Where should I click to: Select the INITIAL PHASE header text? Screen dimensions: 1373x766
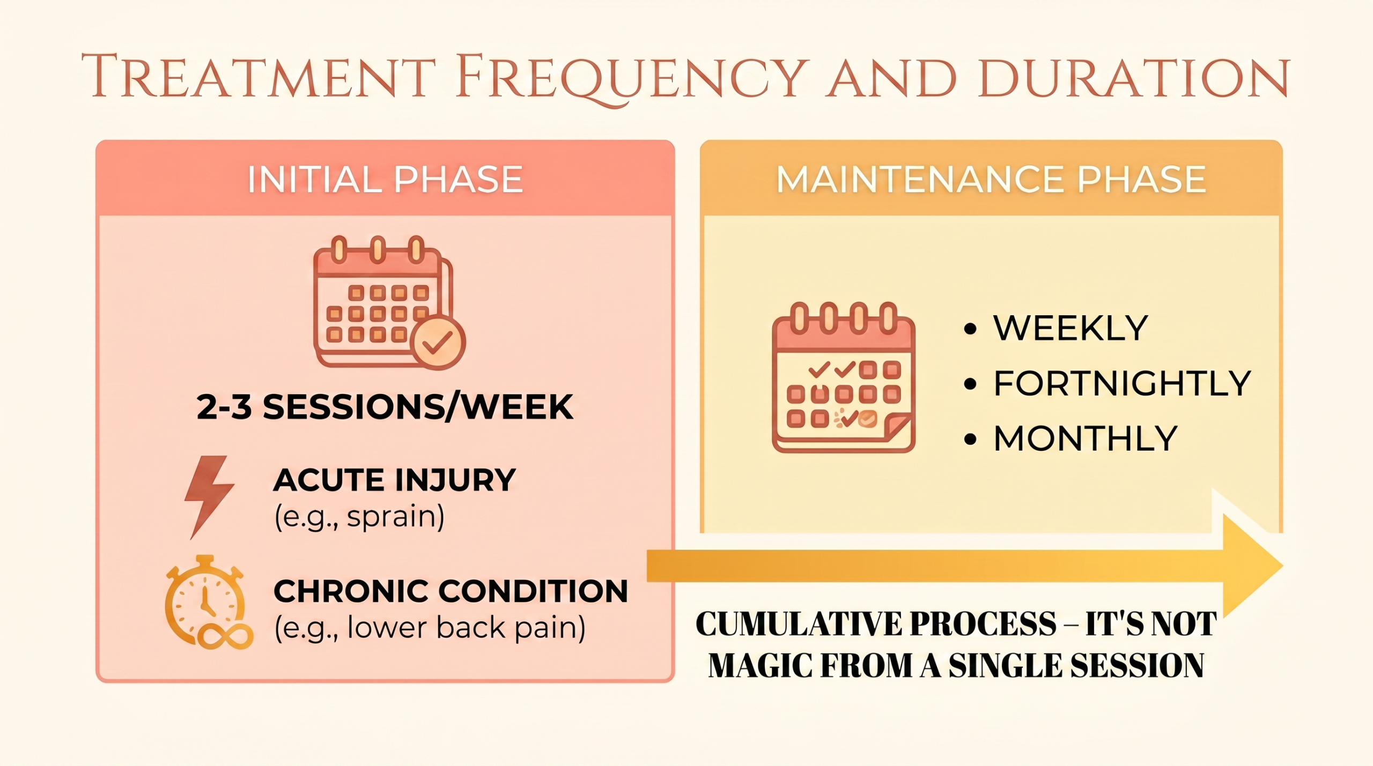pyautogui.click(x=385, y=179)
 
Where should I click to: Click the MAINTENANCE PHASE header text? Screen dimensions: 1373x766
pyautogui.click(x=991, y=179)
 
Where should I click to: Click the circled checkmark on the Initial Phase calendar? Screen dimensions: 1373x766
pyautogui.click(x=438, y=343)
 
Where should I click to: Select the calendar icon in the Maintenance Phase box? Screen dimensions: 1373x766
pyautogui.click(x=844, y=377)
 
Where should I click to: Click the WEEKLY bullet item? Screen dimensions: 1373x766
pyautogui.click(x=1055, y=328)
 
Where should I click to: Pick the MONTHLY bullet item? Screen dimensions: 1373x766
pyautogui.click(x=1071, y=438)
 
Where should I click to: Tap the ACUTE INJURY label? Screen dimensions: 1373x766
pyautogui.click(x=395, y=479)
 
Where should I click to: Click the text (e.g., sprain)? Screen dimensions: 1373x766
pyautogui.click(x=359, y=517)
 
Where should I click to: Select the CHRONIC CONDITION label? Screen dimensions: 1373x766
pyautogui.click(x=451, y=591)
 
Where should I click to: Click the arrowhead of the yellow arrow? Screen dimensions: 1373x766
pyautogui.click(x=1252, y=566)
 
